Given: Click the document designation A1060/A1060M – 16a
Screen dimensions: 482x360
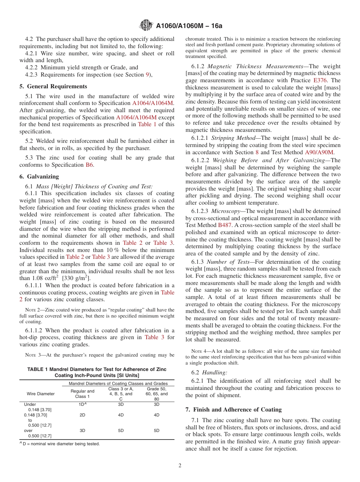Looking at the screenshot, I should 189,26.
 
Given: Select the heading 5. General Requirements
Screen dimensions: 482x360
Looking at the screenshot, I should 53,86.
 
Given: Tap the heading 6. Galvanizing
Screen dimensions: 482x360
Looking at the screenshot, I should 39,177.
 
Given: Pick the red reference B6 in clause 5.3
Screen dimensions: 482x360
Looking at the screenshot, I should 89,165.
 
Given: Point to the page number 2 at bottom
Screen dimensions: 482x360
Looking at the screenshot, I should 180,466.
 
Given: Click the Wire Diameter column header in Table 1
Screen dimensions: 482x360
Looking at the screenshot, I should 41,394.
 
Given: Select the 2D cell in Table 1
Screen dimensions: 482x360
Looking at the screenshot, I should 82,415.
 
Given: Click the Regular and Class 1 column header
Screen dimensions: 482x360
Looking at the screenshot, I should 82,394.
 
